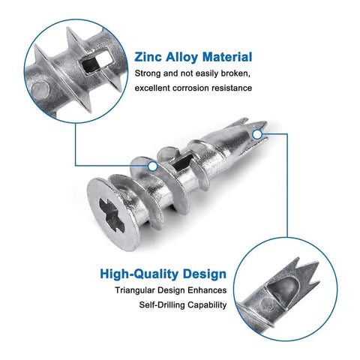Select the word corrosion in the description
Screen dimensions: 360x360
[190, 88]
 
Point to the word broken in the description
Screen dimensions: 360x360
[235, 73]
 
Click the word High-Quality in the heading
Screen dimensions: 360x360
[139, 274]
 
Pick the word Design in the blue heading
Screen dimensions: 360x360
[205, 274]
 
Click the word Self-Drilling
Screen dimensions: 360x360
[162, 305]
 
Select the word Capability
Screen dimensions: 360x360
[207, 305]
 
